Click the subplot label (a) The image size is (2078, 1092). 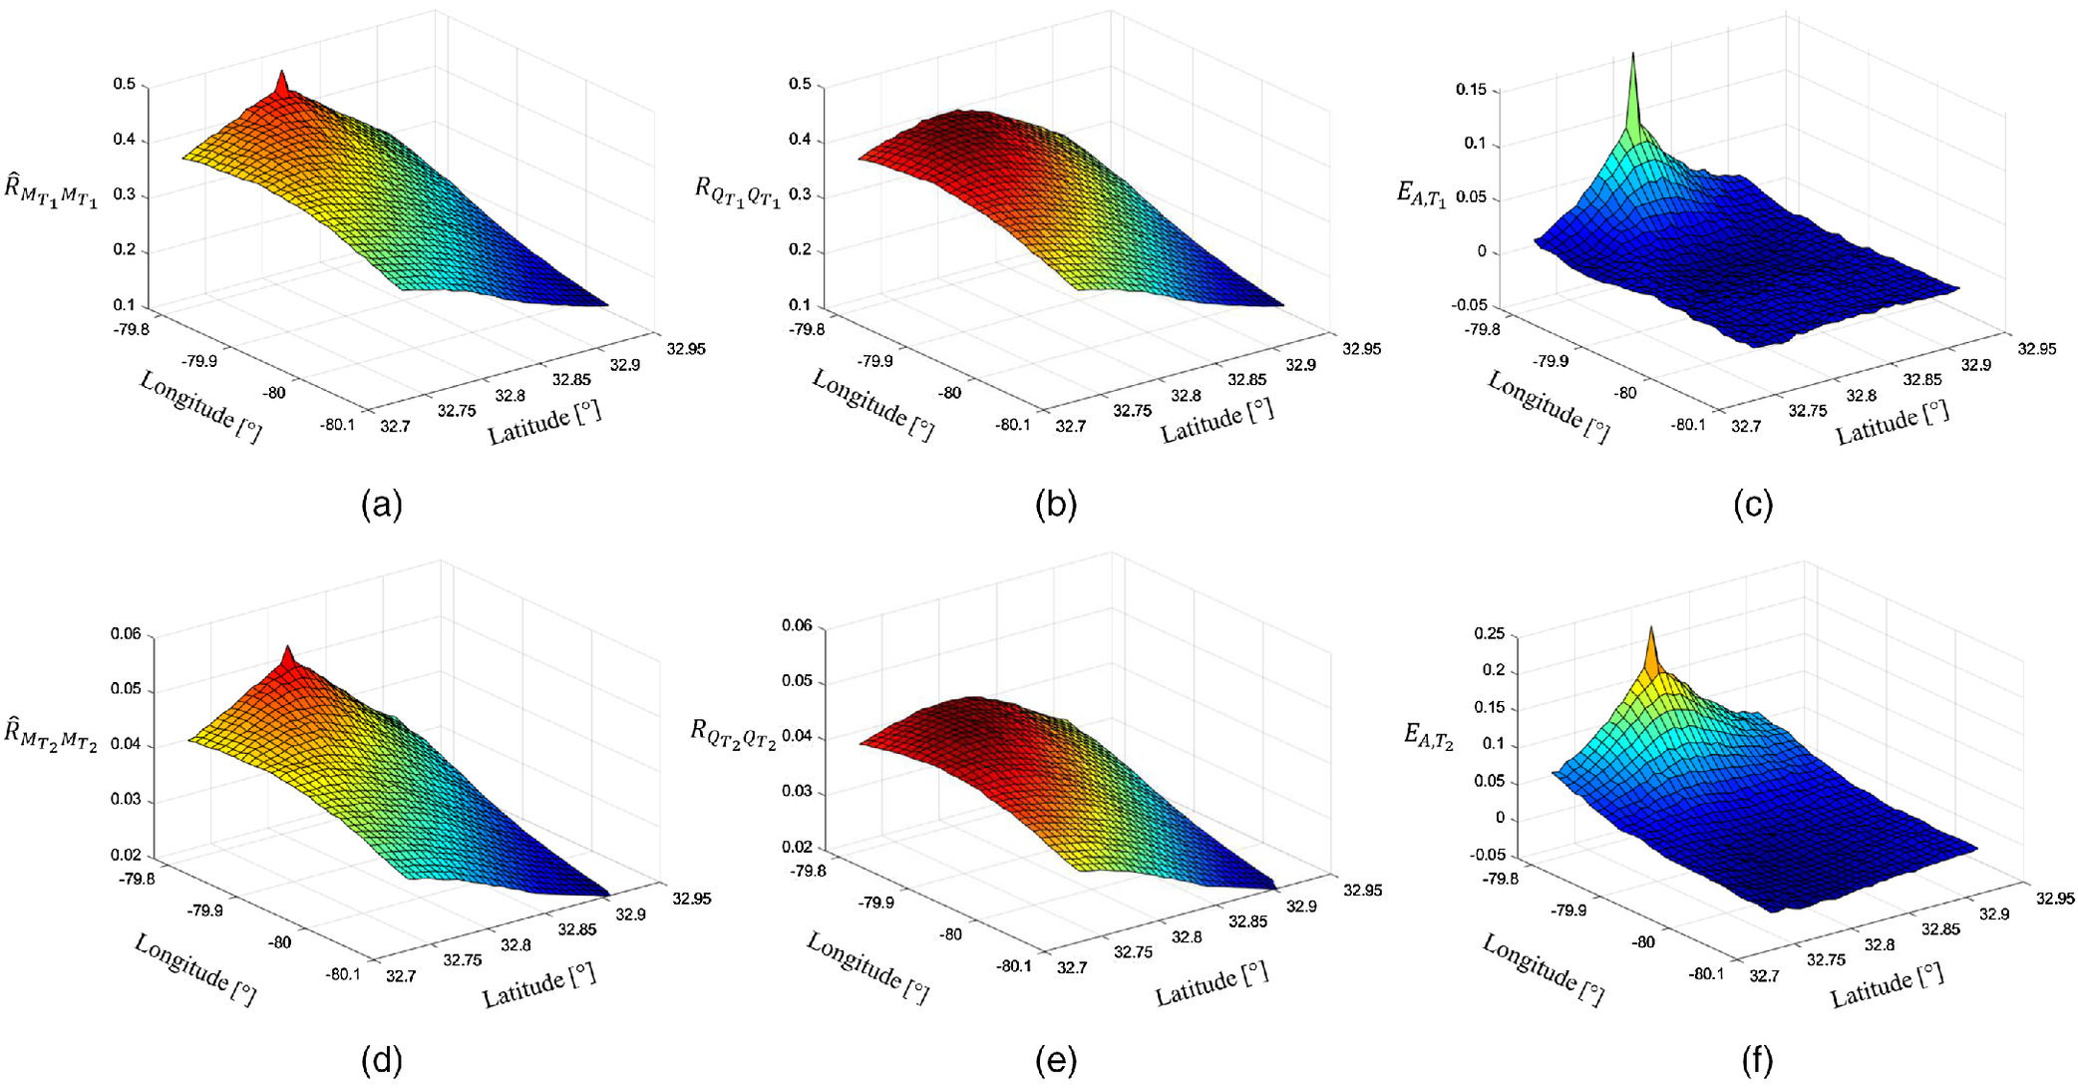pos(381,505)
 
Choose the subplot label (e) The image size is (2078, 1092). pos(1056,1061)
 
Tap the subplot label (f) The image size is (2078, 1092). pos(1756,1061)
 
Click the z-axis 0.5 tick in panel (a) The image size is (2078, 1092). pos(125,85)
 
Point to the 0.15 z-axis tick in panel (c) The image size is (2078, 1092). pos(1471,90)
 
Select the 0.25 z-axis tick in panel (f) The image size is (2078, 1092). pos(1489,634)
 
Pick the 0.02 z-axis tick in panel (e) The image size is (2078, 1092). pos(798,847)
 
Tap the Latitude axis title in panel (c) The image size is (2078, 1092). pos(1892,421)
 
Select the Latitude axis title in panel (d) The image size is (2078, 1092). pos(539,983)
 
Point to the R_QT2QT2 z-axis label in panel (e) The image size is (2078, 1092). pos(733,734)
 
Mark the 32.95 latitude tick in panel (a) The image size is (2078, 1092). pos(686,348)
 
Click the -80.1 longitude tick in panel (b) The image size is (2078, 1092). pos(1012,425)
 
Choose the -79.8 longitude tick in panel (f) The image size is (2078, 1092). pos(1500,879)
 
